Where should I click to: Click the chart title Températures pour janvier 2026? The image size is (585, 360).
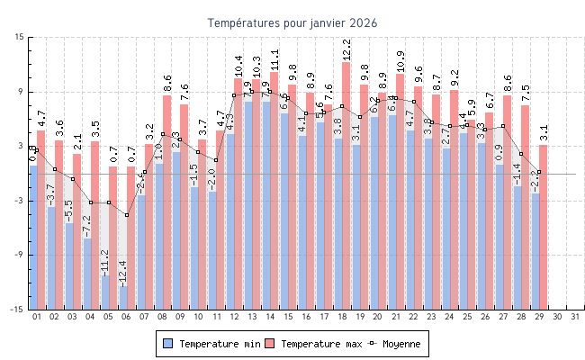(292, 22)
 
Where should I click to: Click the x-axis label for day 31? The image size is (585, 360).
(576, 317)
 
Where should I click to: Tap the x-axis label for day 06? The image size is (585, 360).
(126, 317)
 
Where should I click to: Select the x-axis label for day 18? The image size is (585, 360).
(342, 317)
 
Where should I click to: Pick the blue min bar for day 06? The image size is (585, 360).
(122, 297)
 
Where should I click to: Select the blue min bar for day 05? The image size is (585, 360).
(104, 292)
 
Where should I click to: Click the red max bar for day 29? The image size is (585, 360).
(544, 227)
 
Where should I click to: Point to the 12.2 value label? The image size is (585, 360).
(346, 50)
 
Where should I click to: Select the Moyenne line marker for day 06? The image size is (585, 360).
(127, 215)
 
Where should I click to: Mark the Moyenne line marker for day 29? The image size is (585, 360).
(539, 171)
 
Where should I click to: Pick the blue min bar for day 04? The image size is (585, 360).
(86, 274)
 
